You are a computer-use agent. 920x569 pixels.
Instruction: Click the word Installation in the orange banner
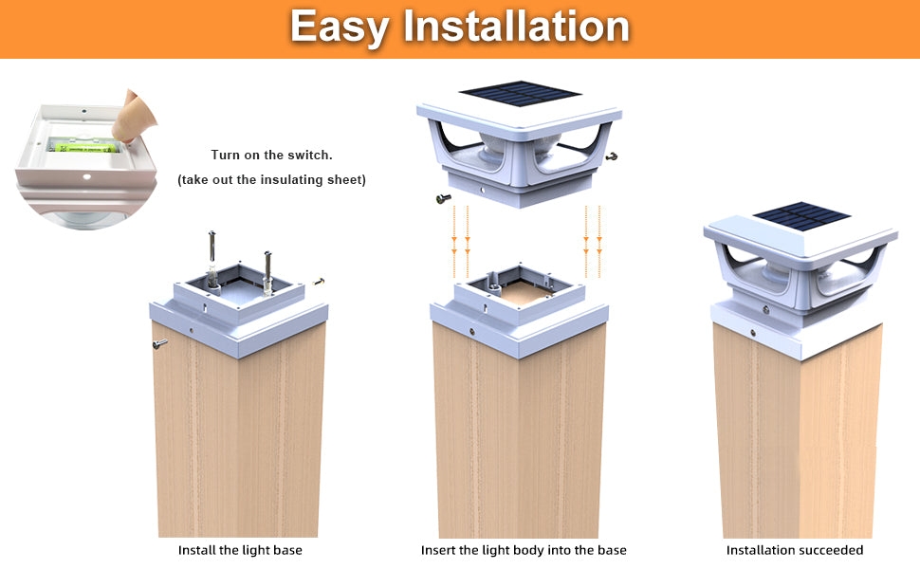(x=516, y=27)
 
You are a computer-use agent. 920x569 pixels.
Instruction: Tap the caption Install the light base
(x=240, y=550)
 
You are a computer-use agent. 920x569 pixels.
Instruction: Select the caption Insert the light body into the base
(x=524, y=550)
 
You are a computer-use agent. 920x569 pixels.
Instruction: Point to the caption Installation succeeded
(x=795, y=550)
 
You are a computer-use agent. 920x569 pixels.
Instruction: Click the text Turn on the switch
(x=271, y=155)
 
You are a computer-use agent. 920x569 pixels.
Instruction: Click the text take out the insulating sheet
(x=271, y=179)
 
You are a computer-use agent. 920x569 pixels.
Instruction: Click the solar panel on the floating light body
(x=519, y=94)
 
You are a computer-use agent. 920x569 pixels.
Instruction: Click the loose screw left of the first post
(x=159, y=343)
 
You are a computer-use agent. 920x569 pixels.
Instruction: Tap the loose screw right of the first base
(x=320, y=281)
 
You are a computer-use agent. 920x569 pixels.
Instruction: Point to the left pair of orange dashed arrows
(x=461, y=238)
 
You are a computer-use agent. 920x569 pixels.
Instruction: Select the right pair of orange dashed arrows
(x=592, y=238)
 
